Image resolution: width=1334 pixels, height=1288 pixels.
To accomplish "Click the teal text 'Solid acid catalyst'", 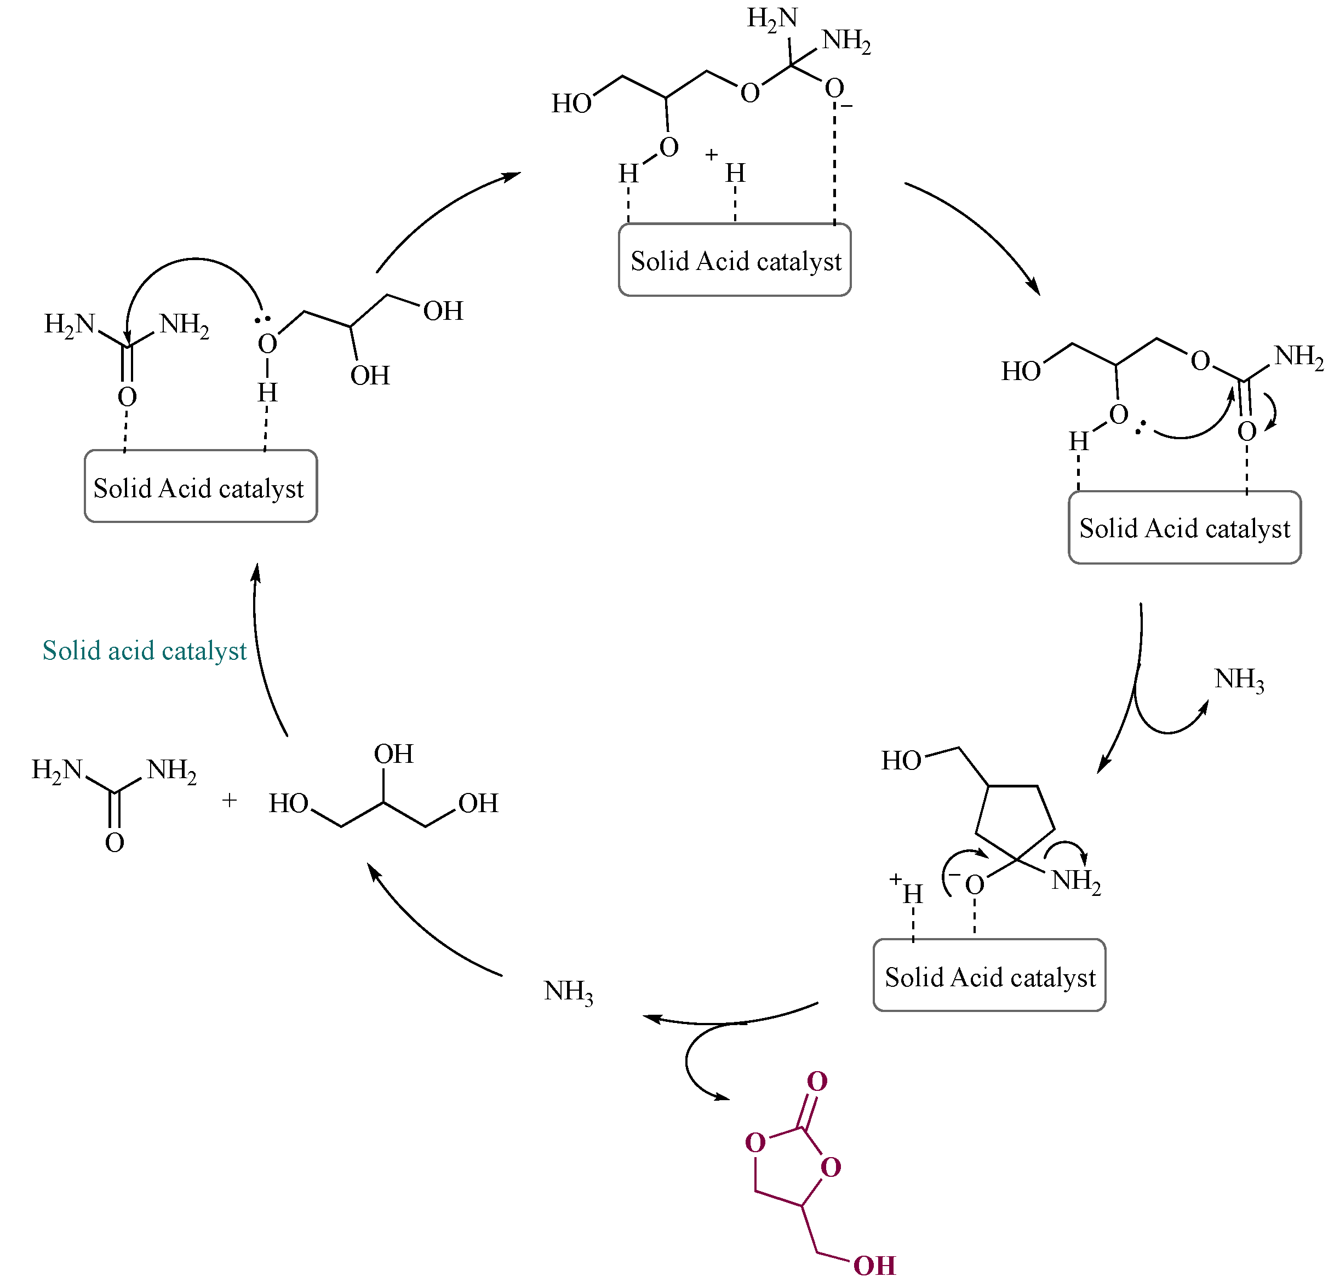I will [144, 651].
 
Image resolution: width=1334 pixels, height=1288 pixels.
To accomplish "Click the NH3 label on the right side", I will [1239, 680].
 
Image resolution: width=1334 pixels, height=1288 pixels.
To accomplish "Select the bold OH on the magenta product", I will [874, 1266].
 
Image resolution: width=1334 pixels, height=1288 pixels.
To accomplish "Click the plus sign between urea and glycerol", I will [230, 800].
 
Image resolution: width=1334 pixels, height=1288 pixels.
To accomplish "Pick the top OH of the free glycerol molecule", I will [393, 754].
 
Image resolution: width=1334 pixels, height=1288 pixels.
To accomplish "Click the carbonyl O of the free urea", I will [114, 842].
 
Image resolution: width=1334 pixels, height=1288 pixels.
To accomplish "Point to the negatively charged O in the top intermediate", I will [834, 89].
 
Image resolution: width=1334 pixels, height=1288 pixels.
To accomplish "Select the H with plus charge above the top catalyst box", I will [734, 173].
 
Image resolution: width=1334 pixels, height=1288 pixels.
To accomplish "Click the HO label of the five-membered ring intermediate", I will [901, 761].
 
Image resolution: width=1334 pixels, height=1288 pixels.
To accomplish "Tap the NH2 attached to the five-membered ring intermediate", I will [1075, 881].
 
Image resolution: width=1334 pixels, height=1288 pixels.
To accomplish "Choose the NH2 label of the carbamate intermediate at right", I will [1298, 356].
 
